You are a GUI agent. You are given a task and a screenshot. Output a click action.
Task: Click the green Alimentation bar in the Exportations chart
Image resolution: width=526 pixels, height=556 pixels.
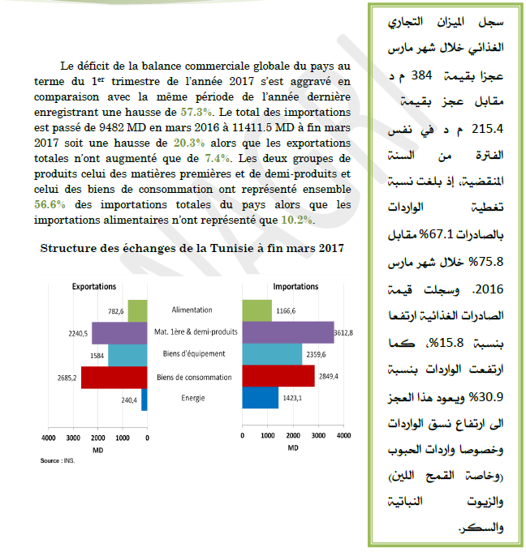(137, 310)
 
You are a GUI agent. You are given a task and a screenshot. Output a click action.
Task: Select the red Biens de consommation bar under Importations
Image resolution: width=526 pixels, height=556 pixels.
(278, 376)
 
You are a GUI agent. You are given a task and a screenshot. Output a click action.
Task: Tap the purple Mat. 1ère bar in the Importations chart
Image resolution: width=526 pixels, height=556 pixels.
(288, 332)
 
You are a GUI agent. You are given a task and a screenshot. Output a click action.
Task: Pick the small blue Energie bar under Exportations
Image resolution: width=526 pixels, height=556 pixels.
(144, 399)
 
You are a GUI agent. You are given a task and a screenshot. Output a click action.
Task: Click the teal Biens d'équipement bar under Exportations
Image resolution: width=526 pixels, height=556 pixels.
(127, 355)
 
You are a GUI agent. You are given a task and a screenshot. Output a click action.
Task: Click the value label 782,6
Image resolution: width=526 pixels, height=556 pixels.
(115, 310)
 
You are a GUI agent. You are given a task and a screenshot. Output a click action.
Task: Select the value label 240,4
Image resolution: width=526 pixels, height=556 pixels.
(129, 400)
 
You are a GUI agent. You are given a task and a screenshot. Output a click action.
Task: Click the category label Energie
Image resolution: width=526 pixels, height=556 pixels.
(193, 398)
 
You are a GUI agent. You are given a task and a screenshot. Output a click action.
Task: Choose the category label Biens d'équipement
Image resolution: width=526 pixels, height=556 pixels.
(193, 354)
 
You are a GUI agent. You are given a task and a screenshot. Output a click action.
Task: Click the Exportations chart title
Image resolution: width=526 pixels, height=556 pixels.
(94, 287)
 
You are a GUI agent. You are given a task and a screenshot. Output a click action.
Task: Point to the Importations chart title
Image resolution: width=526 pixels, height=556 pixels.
(295, 287)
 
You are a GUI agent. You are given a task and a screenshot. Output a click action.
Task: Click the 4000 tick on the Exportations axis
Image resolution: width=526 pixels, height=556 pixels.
(49, 438)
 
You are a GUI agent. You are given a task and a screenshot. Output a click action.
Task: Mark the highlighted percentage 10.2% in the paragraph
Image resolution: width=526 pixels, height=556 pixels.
(296, 220)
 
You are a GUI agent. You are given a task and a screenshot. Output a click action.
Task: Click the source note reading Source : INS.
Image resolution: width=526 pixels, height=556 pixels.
(57, 460)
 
